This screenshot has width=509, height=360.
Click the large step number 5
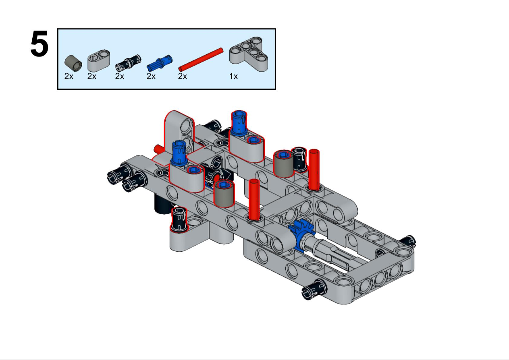(39, 43)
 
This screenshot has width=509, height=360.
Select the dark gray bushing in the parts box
(73, 63)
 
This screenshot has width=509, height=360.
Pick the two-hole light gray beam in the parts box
(99, 61)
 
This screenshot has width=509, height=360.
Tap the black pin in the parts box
(128, 62)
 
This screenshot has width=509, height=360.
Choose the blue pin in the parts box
(160, 63)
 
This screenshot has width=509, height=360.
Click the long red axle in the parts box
(201, 60)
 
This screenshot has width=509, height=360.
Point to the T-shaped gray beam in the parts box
(249, 54)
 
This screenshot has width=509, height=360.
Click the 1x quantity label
(233, 77)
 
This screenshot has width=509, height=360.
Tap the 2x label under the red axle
(183, 77)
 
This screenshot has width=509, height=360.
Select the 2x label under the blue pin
(151, 77)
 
